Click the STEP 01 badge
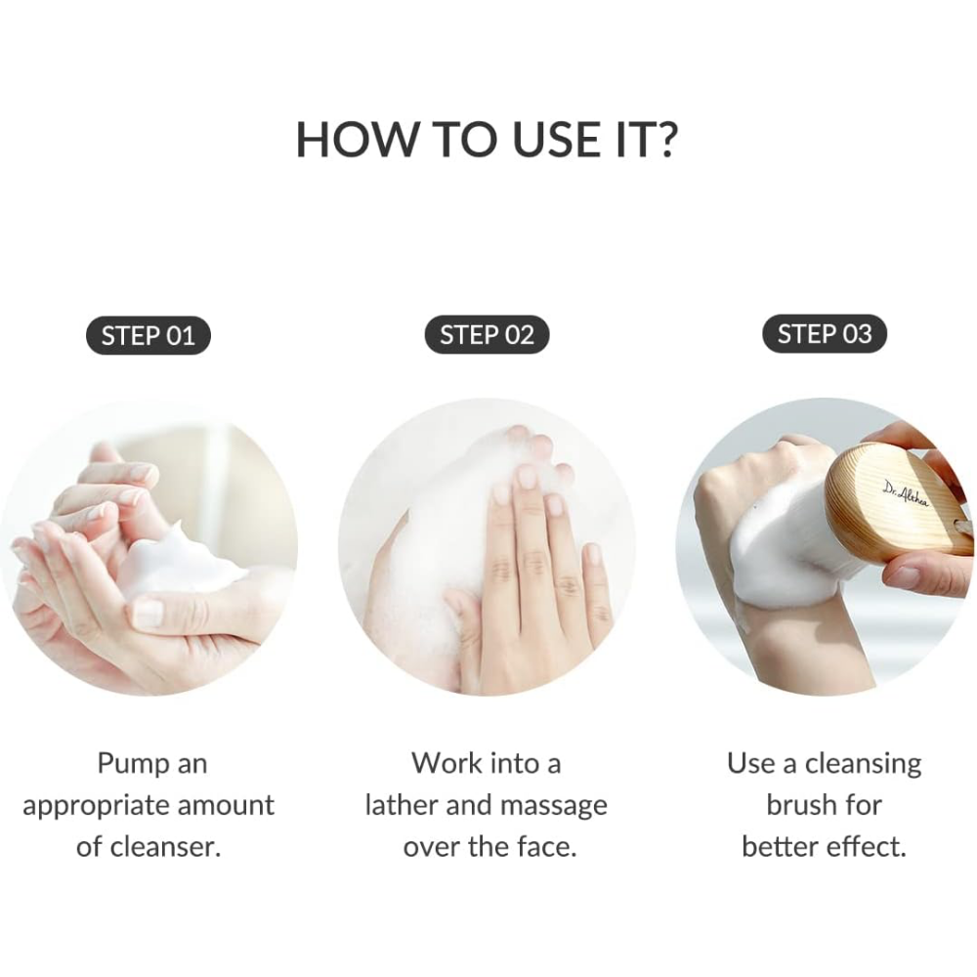coord(149,336)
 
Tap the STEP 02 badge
coord(487,334)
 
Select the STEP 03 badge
coord(825,333)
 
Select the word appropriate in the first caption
coord(92,807)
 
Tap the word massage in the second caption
coord(554,807)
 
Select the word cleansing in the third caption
coord(863,765)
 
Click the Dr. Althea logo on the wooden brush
coord(906,493)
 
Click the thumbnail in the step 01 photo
coord(148,613)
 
